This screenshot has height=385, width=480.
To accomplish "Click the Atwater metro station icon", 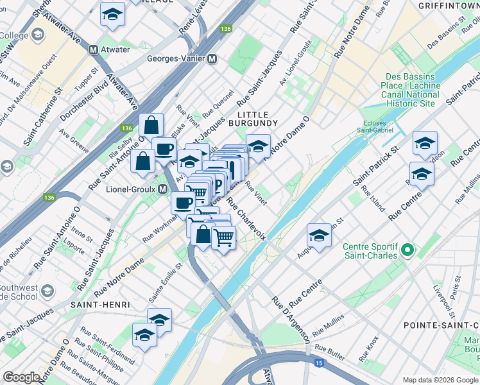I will (94, 49).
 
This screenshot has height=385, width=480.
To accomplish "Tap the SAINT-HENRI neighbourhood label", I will (101, 304).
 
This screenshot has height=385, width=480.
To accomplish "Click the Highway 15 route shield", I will (319, 363).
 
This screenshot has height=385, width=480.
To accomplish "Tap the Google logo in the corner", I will (21, 377).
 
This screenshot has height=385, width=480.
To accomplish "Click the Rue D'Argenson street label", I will (291, 318).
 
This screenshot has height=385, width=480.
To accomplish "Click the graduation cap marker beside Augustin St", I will (319, 235).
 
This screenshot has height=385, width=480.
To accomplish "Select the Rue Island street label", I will (373, 200).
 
